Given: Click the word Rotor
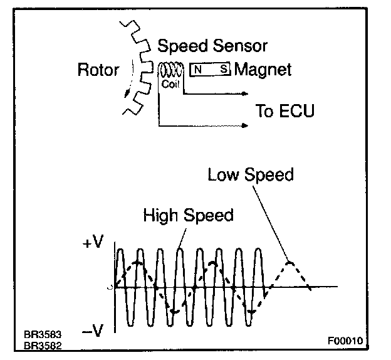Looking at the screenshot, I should tap(98, 70).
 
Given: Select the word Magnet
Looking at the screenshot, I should tap(263, 70).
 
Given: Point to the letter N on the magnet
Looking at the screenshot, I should tap(197, 69).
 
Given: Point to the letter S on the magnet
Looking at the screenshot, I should tap(224, 69).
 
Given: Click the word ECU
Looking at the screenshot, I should tap(295, 111).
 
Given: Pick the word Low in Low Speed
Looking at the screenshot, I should tap(224, 174).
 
